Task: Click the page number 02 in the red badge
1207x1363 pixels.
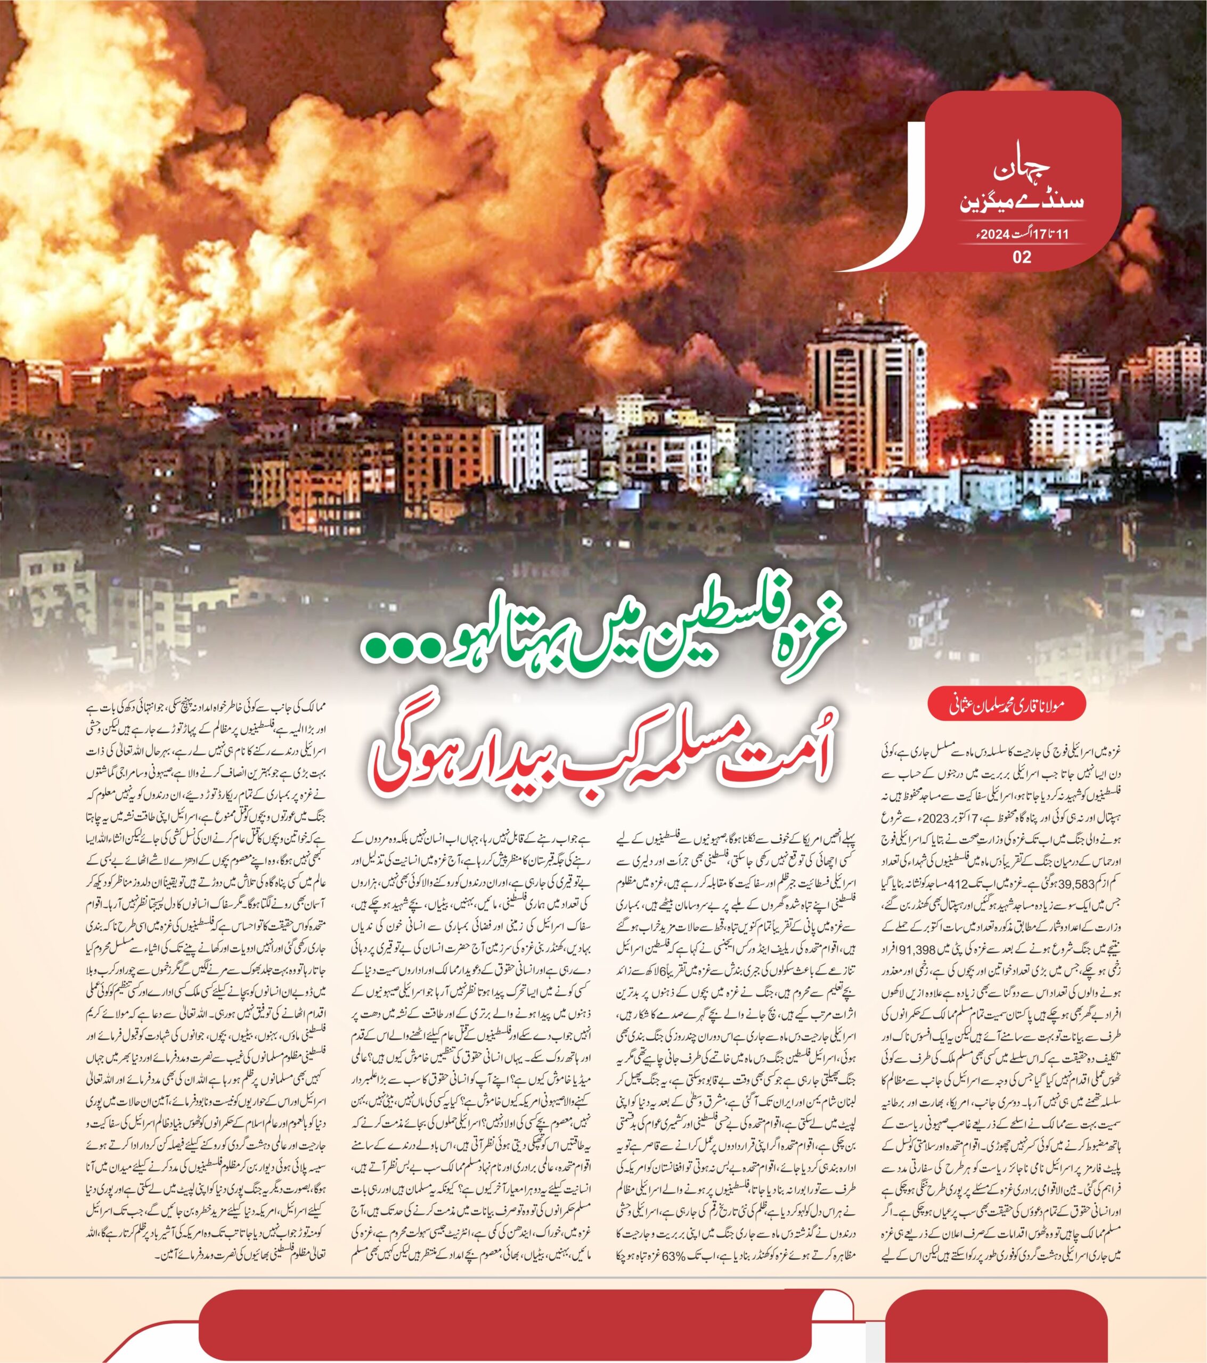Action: (1022, 257)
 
